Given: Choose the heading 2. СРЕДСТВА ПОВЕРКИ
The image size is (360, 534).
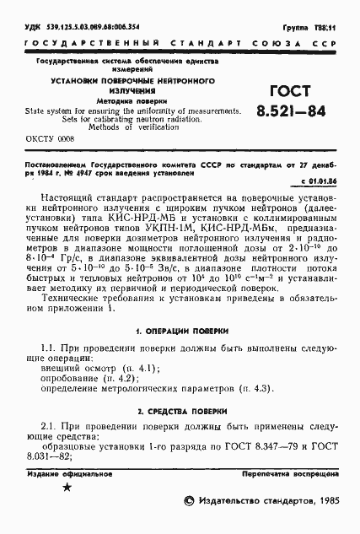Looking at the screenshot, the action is [x=180, y=411].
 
